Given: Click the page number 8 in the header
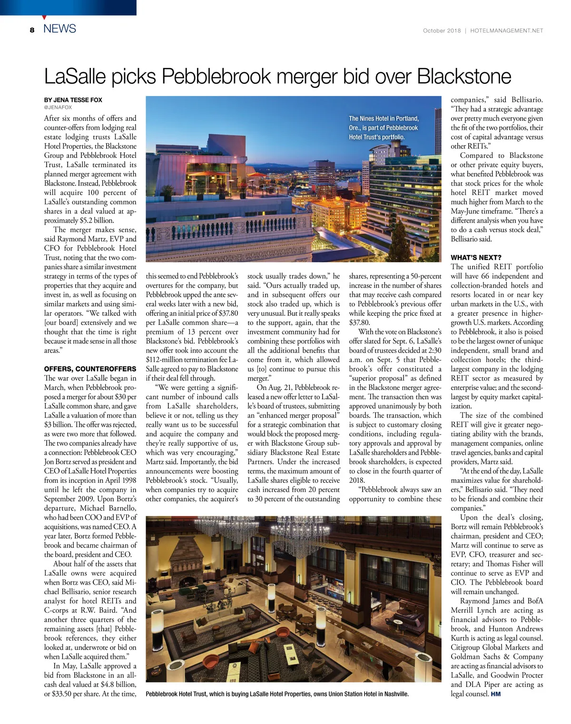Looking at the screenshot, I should coord(32,30).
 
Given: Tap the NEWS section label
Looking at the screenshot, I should coord(59,29).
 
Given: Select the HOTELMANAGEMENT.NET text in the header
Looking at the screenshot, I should coord(506,30).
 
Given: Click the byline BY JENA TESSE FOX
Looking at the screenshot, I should coord(73,100).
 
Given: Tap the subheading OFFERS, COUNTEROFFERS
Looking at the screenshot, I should coord(90,369).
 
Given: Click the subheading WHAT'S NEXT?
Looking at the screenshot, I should coord(476,257).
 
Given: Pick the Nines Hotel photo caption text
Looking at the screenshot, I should coord(384,127).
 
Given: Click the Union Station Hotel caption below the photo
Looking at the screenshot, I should coord(277,694).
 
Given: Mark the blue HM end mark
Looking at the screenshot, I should coord(496,694).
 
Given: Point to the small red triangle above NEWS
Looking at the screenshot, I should coord(44,17).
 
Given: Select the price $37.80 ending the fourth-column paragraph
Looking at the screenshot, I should coord(359,323).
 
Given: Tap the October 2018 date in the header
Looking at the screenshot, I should coord(442,30).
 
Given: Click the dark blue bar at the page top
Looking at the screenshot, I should coord(68,7).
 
